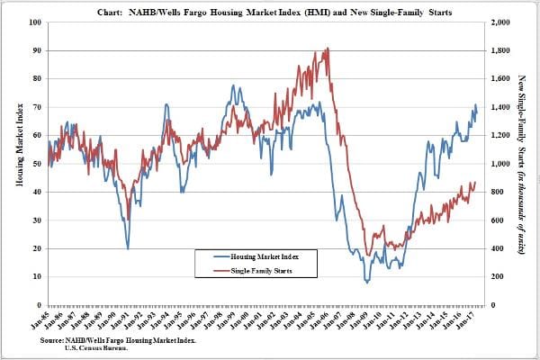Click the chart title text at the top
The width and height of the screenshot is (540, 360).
pyautogui.click(x=270, y=10)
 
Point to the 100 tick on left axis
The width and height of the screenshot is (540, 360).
pyautogui.click(x=35, y=22)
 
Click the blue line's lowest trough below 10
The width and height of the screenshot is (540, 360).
pyautogui.click(x=367, y=282)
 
